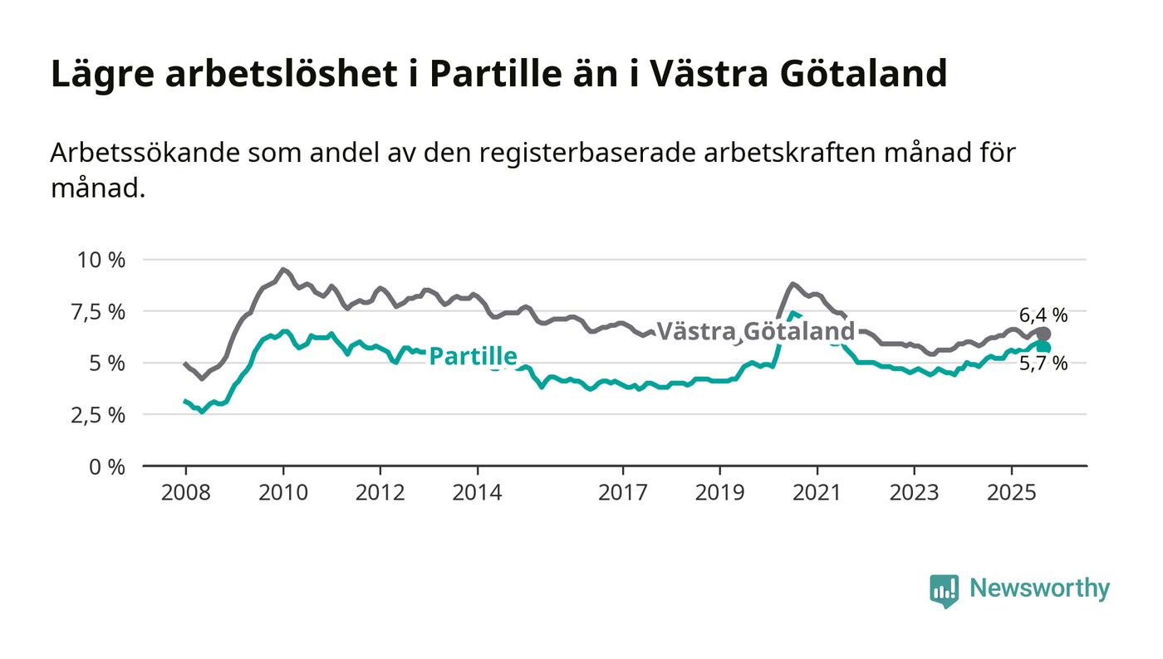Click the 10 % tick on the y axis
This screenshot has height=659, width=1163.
pos(101,260)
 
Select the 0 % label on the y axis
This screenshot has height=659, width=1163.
pos(108,466)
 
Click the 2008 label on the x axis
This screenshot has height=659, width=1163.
pos(185,492)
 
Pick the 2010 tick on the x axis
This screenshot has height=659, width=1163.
pos(282,492)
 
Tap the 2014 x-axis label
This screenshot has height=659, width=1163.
pos(477,492)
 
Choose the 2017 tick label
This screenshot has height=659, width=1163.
pos(623,492)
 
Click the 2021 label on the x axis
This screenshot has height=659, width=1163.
pos(817,492)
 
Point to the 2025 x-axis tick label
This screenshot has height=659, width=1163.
pos(1011,492)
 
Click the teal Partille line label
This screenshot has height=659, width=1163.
pos(473,357)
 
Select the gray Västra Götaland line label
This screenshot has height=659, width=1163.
pos(755,332)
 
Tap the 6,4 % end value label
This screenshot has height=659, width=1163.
pos(1043,315)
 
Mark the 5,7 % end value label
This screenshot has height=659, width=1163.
pos(1043,363)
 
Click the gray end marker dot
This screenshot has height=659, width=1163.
pos(1043,334)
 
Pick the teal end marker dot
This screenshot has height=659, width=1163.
pos(1043,347)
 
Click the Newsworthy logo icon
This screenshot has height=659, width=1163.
pos(944,590)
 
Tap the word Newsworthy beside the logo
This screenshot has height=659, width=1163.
pos(1039,588)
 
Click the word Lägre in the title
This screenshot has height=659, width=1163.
pos(101,75)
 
